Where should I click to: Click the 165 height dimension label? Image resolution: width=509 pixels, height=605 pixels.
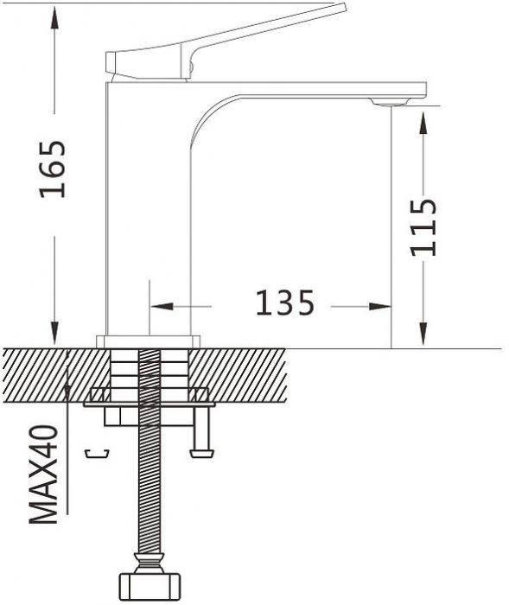[54, 169]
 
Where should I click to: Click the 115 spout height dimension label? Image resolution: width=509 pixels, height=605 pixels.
[423, 227]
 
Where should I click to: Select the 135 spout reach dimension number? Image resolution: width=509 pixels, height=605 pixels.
[285, 302]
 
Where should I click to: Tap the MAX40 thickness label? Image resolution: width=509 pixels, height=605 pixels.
[43, 474]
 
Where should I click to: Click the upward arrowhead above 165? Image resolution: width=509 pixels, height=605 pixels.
[54, 18]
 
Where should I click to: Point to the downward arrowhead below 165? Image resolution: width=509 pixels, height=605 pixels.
[54, 333]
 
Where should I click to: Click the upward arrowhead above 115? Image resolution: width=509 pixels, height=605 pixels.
[423, 124]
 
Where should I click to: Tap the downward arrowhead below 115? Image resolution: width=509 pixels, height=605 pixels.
[423, 333]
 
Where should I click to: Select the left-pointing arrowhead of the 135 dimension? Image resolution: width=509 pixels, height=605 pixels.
[162, 306]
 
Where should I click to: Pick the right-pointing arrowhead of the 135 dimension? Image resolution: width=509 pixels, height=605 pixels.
[379, 306]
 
